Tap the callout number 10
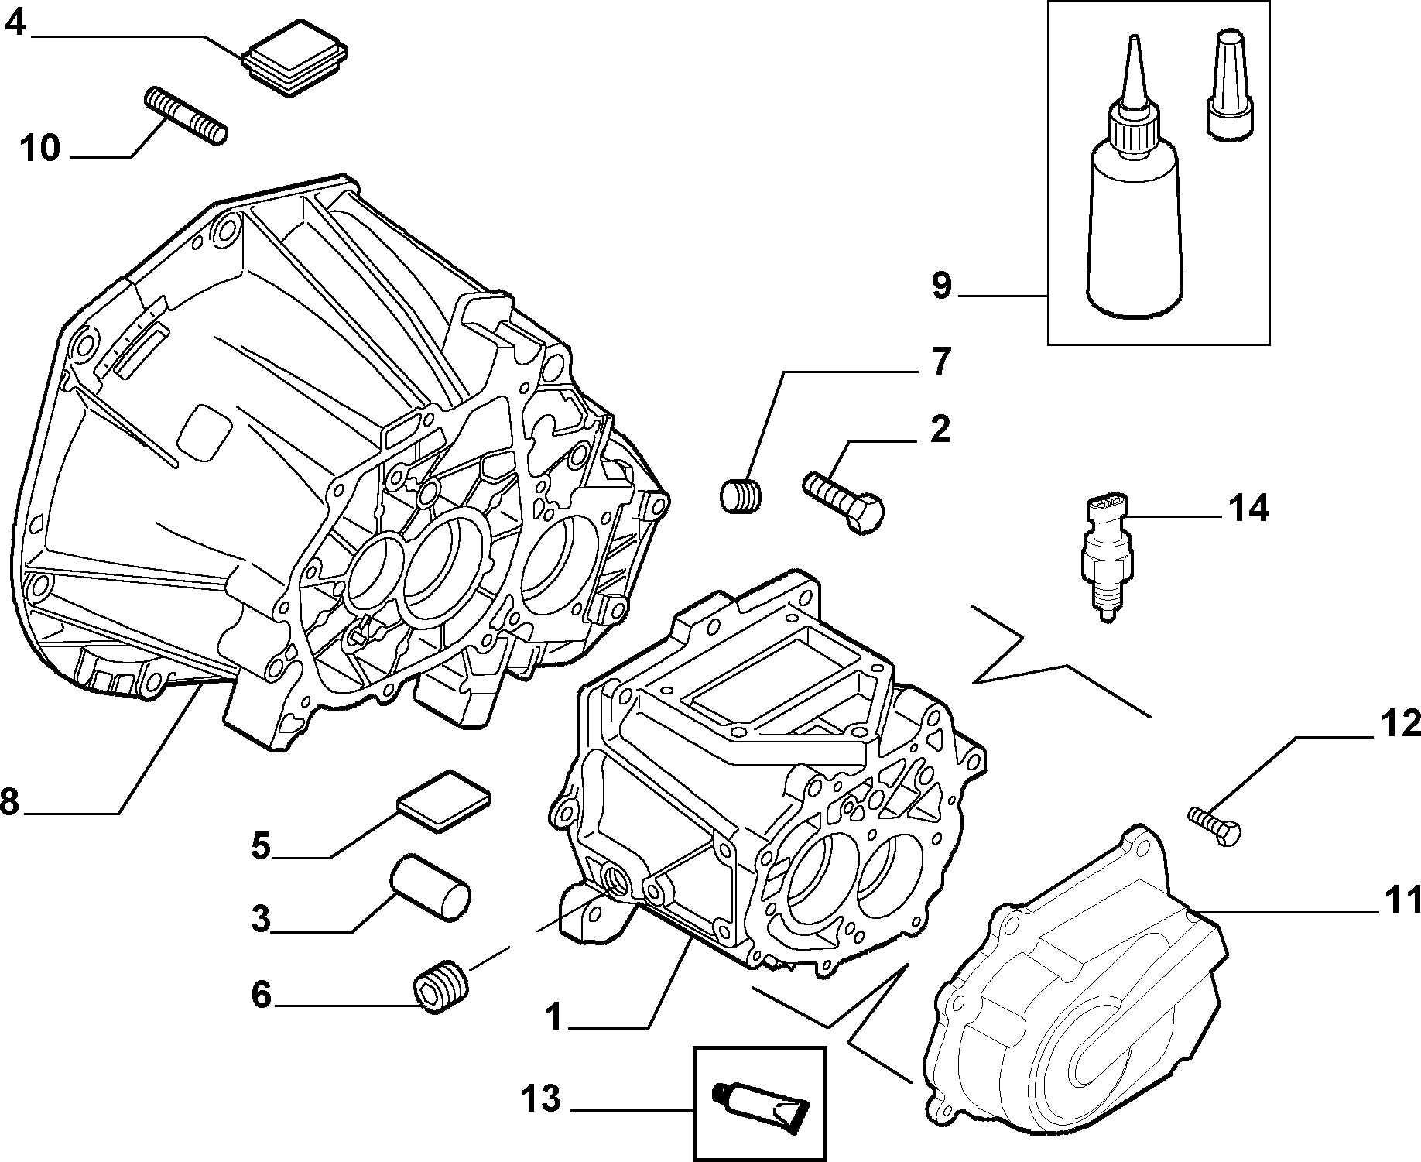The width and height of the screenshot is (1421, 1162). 40,147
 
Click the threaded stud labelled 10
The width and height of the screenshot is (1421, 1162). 185,116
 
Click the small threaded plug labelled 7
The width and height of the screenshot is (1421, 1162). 741,495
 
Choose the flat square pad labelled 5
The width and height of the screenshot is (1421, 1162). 444,800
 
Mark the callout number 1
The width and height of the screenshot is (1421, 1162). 553,1016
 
